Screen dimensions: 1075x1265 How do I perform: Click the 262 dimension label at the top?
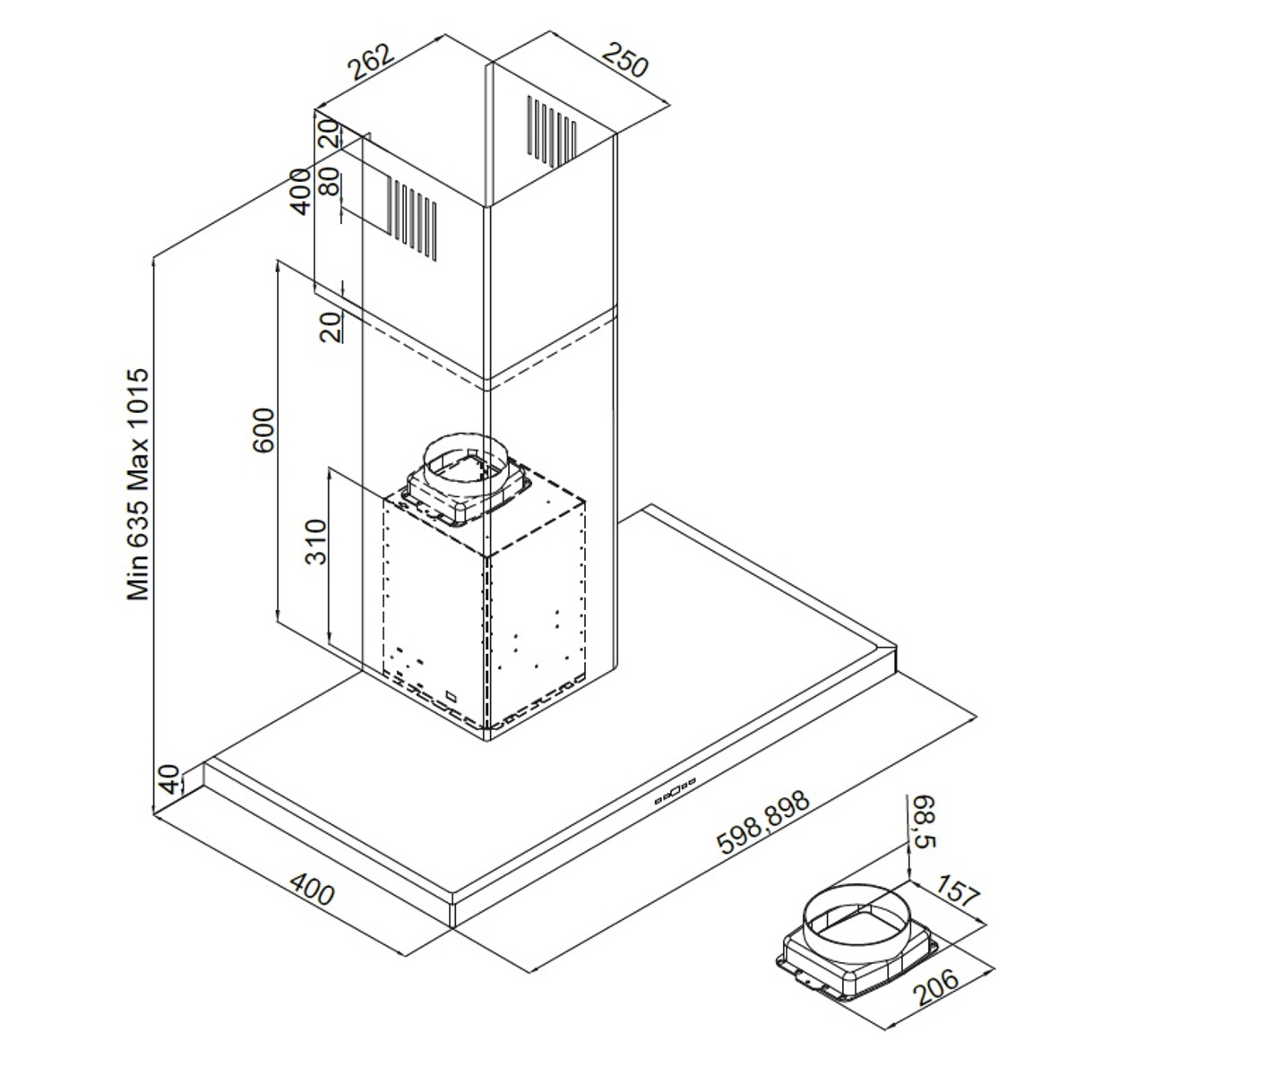370,62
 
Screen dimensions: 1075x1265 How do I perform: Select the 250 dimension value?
624,60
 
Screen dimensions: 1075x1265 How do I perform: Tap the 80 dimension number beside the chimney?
330,184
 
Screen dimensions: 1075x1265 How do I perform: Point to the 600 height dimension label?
263,430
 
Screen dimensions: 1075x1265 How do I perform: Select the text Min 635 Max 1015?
137,484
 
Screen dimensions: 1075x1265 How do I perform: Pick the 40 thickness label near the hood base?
169,780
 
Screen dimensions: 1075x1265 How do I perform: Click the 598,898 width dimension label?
763,821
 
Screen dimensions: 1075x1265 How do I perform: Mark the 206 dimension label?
936,985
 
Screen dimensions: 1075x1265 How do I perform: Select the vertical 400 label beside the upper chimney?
301,190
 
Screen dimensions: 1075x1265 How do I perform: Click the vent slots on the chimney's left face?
413,218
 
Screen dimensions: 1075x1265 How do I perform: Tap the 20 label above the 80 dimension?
330,133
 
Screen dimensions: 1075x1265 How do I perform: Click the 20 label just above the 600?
331,327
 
